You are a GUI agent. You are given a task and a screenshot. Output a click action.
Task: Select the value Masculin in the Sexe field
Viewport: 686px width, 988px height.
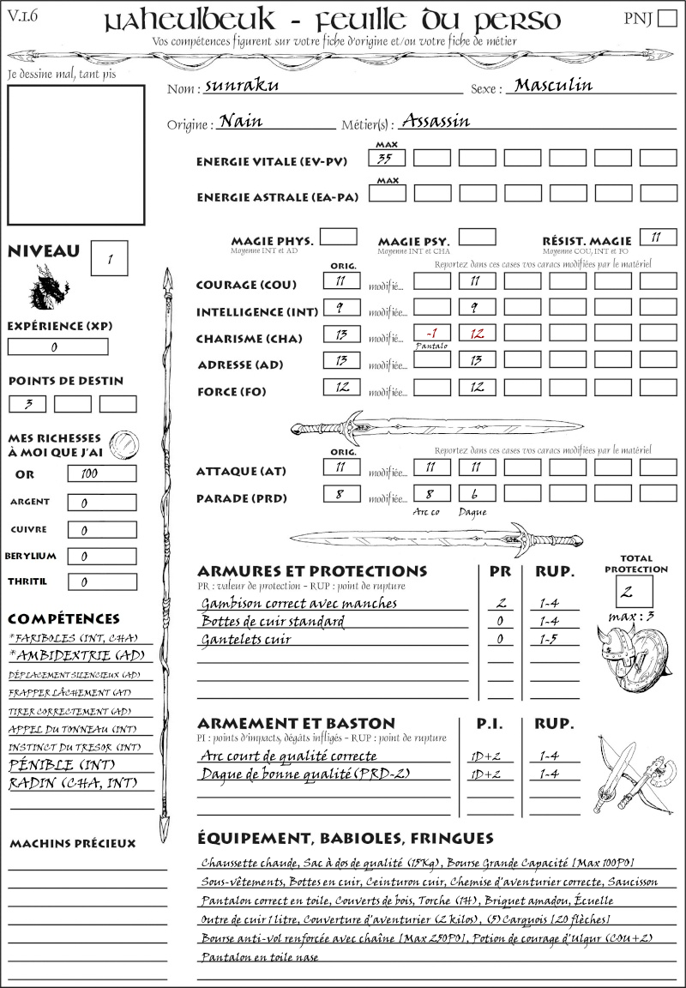(553, 85)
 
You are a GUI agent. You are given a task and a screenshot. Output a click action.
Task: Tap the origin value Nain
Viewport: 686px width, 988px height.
(241, 121)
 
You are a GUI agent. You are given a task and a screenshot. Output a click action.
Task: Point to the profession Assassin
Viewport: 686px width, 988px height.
(436, 121)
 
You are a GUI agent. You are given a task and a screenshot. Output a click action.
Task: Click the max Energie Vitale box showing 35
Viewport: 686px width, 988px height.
(388, 158)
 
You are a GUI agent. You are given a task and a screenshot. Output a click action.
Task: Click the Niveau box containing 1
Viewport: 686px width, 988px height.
(111, 256)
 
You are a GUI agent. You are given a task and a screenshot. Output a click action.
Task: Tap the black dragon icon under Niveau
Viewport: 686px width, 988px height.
(49, 287)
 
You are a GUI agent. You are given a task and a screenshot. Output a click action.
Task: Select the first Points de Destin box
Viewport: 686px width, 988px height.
(27, 404)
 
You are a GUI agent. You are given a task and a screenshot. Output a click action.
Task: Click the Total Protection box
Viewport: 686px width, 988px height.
(634, 592)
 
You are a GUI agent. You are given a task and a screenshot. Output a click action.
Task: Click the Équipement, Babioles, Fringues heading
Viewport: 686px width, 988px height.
(345, 838)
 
